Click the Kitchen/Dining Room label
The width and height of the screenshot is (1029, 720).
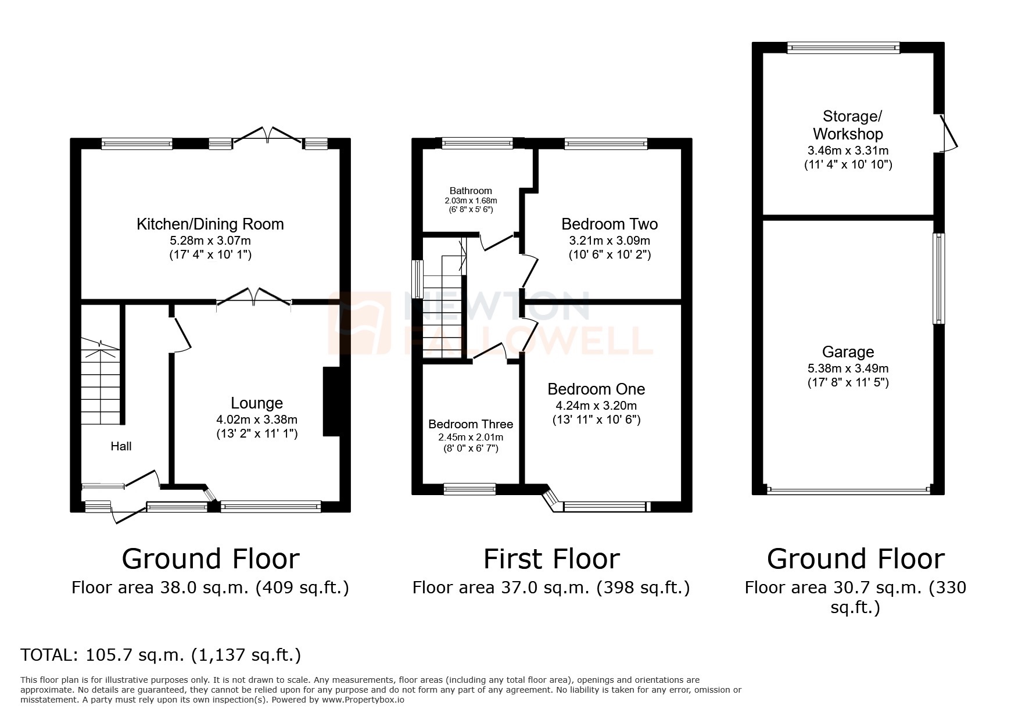[x=210, y=224]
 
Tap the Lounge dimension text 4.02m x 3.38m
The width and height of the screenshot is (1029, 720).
[x=256, y=419]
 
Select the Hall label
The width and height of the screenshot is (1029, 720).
[x=121, y=446]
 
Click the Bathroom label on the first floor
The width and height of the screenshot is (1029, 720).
[x=470, y=191]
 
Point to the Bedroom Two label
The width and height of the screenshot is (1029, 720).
[x=609, y=224]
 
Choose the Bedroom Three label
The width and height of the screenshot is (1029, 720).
[x=470, y=424]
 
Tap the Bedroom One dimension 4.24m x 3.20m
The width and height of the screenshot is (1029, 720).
[x=596, y=405]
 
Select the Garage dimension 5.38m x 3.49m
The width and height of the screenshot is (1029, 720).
[x=848, y=368]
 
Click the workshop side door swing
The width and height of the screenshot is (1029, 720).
[x=948, y=132]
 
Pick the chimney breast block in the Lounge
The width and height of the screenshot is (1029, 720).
[x=331, y=401]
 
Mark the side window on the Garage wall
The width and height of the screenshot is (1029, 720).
[x=938, y=278]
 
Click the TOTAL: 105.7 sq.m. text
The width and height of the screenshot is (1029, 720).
[x=160, y=655]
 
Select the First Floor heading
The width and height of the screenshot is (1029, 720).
[x=551, y=558]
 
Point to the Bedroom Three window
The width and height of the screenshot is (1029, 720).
[x=469, y=489]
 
